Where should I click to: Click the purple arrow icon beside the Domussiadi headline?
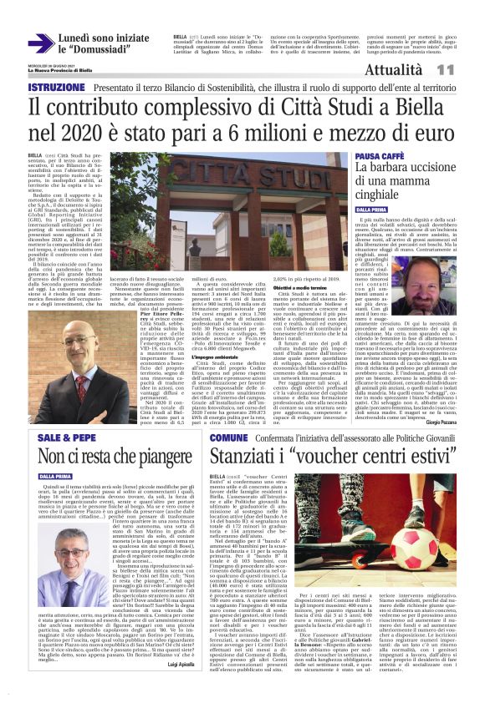40,43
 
